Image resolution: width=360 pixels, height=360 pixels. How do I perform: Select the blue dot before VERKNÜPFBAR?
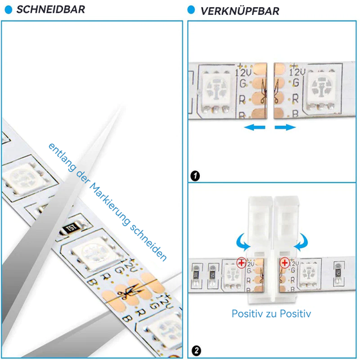[191, 11]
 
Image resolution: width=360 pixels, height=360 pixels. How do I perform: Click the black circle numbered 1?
[195, 175]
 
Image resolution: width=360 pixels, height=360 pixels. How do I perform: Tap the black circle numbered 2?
[195, 351]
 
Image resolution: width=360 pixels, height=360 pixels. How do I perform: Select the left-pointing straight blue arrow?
[255, 128]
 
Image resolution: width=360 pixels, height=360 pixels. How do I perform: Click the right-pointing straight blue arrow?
[285, 128]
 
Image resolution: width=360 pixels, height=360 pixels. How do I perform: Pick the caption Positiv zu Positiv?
[271, 314]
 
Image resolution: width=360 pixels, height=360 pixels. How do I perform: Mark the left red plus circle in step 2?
[240, 262]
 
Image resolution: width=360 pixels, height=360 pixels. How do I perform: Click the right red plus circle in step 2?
[283, 262]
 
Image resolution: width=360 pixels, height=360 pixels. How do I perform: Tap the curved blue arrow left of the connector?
[242, 240]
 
